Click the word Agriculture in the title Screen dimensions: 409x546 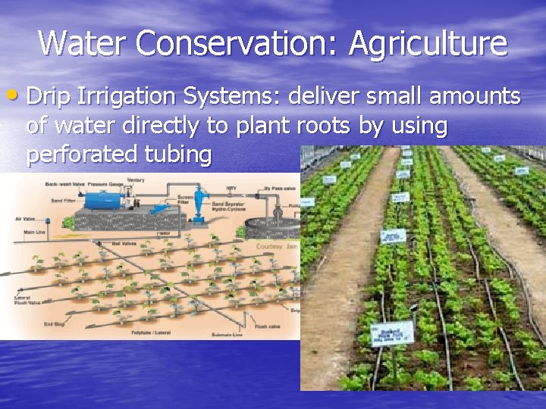(x=428, y=43)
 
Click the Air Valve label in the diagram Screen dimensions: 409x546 (x=25, y=219)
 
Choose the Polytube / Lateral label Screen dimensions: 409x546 (x=151, y=332)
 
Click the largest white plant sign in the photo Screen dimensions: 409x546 (x=397, y=333)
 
